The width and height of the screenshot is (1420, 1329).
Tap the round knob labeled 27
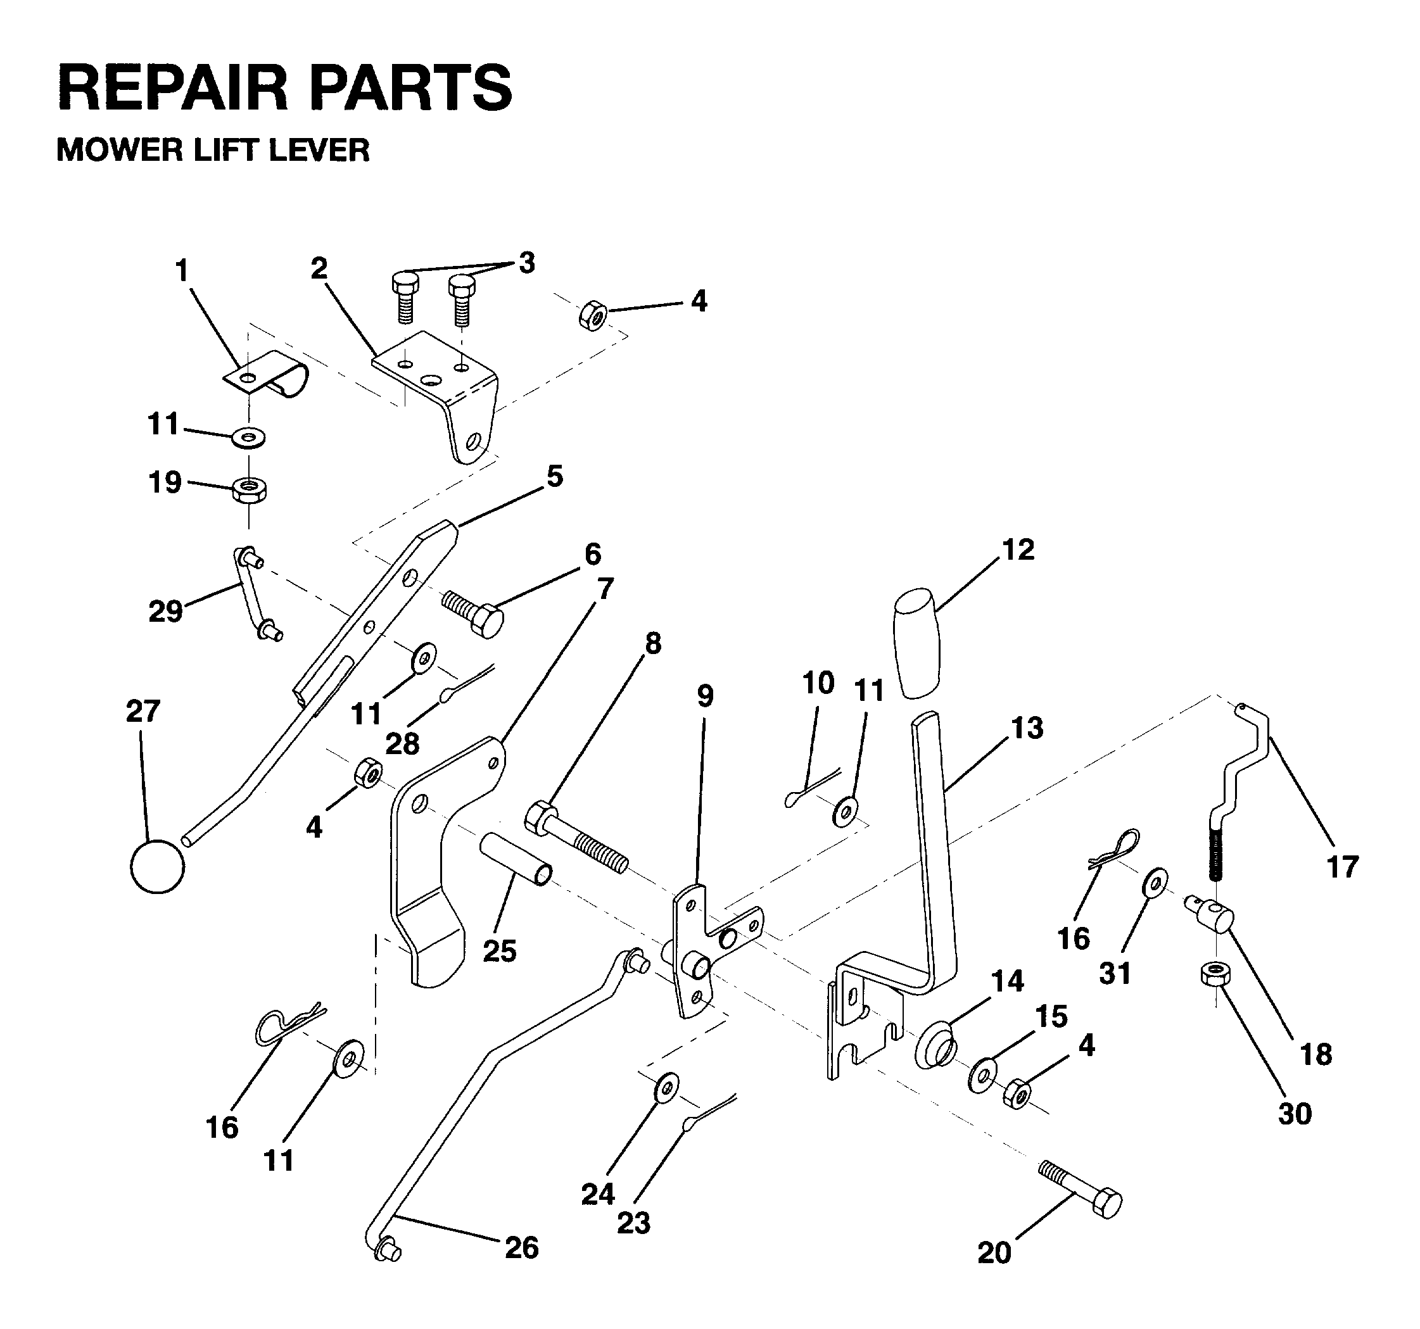coord(157,866)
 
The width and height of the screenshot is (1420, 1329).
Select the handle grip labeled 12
coord(916,642)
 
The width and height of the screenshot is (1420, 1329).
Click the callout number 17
coord(1342,867)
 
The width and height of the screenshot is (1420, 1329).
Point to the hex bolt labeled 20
coord(1080,1190)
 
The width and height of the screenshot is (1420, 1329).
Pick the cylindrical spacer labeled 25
coord(515,859)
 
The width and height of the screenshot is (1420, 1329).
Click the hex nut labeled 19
coord(250,491)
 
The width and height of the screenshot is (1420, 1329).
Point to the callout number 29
coord(165,611)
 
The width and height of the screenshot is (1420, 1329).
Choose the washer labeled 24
coord(667,1088)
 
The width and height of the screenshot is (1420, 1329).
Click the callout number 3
coord(526,263)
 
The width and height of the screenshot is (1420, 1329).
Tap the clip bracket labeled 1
coord(266,374)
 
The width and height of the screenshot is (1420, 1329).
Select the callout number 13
coord(1027,728)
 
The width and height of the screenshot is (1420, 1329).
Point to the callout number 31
coord(1115,973)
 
